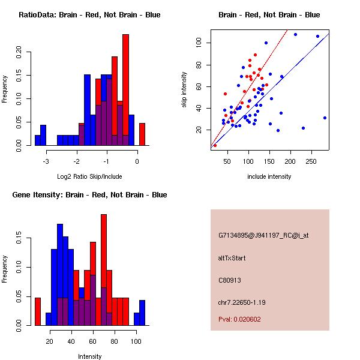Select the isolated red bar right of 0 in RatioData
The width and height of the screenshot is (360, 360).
pyautogui.click(x=142, y=134)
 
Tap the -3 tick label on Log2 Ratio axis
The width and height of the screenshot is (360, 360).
pyautogui.click(x=46, y=161)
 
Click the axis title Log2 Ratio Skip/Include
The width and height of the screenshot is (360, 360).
pyautogui.click(x=89, y=176)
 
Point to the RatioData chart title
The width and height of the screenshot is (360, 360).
pyautogui.click(x=89, y=15)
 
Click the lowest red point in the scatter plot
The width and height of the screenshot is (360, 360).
pyautogui.click(x=215, y=145)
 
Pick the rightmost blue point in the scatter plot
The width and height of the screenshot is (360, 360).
pyautogui.click(x=325, y=118)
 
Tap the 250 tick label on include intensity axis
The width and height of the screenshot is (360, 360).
pyautogui.click(x=311, y=161)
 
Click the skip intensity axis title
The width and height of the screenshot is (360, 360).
pyautogui.click(x=184, y=89)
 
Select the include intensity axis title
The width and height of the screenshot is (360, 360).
pyautogui.click(x=269, y=176)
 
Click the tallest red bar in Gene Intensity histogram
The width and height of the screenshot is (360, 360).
pyautogui.click(x=104, y=270)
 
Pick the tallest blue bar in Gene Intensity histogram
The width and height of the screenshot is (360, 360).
pyautogui.click(x=60, y=275)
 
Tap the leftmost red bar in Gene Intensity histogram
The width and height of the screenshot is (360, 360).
pyautogui.click(x=38, y=311)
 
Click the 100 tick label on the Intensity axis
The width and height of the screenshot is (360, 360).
pyautogui.click(x=136, y=341)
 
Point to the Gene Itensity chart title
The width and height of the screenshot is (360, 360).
pyautogui.click(x=89, y=195)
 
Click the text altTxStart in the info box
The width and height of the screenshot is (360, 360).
pyautogui.click(x=232, y=258)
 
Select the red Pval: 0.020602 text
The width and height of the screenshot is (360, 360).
pyautogui.click(x=239, y=319)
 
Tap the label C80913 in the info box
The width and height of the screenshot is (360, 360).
pyautogui.click(x=230, y=280)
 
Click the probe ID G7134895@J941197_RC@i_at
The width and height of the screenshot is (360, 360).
pyautogui.click(x=263, y=236)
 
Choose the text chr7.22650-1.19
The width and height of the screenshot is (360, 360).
pyautogui.click(x=242, y=302)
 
